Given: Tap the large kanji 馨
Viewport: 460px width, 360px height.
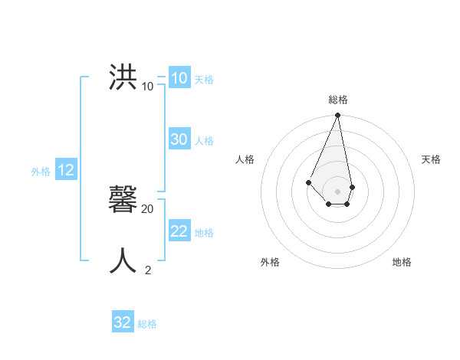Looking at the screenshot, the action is (x=123, y=200).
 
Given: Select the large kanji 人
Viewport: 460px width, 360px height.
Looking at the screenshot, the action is (x=123, y=261).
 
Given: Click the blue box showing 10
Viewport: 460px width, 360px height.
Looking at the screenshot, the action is (x=179, y=78).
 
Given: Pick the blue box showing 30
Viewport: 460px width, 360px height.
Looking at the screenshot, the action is (x=179, y=139).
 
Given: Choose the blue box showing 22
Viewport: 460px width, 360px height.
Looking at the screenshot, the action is (x=179, y=231).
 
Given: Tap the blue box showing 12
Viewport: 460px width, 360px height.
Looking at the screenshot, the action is (x=65, y=170).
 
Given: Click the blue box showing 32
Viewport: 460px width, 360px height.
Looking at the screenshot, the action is (x=123, y=322).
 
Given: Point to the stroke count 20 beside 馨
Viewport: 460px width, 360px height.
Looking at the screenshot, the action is (x=148, y=208).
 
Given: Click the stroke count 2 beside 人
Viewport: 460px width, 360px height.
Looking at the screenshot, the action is (x=148, y=270).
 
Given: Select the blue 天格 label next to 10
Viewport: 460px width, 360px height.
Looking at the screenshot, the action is (x=204, y=79).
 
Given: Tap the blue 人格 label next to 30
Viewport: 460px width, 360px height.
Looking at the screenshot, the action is (x=204, y=140).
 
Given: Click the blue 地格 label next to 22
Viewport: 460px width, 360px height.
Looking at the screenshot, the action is (x=204, y=232).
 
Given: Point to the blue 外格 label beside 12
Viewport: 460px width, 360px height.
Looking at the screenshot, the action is (x=41, y=172).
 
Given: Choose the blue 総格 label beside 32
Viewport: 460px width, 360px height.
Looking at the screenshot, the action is (x=147, y=323).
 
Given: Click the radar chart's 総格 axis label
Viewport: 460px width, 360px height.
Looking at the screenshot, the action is (x=337, y=100).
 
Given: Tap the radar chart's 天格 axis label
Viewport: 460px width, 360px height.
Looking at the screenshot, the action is (x=431, y=159).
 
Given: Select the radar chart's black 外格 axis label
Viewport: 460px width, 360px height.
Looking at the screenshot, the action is (x=270, y=262).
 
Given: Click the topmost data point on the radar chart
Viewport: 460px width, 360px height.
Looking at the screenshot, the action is (x=337, y=116).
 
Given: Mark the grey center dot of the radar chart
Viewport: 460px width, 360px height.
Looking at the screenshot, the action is (x=337, y=191).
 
